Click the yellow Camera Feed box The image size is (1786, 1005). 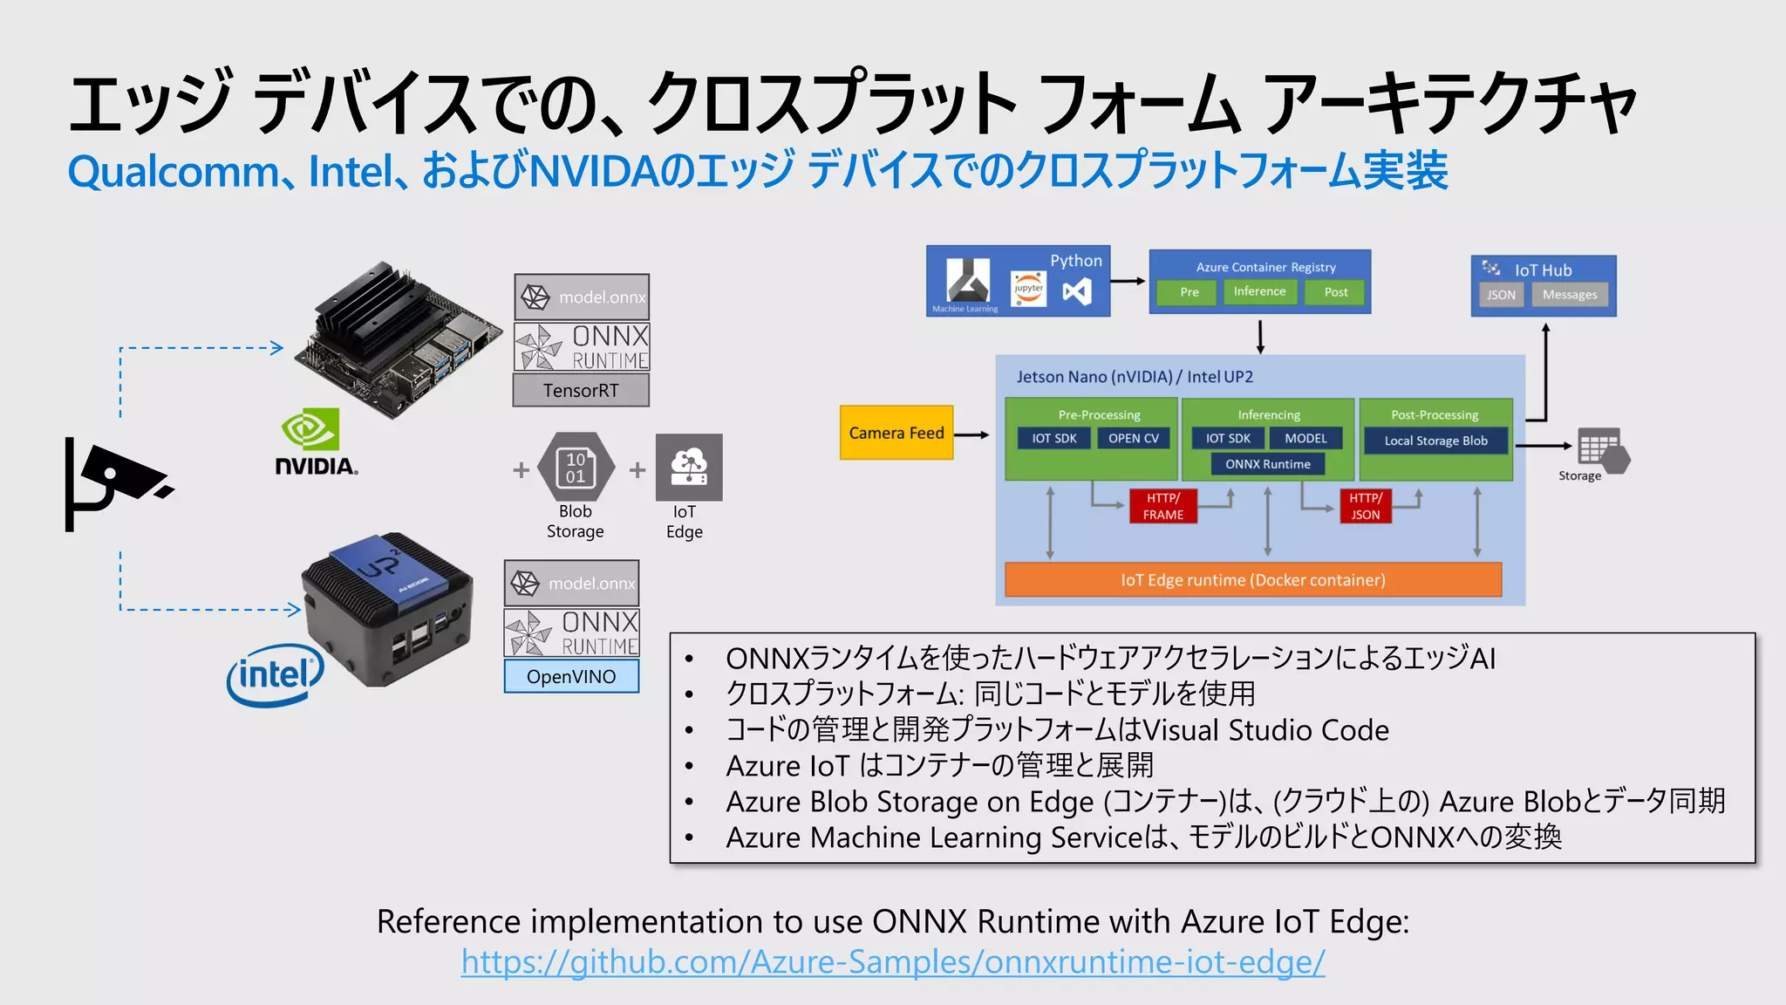(x=896, y=433)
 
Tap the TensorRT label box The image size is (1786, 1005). (x=581, y=391)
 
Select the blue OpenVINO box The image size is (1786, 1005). (x=571, y=677)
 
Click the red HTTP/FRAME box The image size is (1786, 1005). (x=1162, y=506)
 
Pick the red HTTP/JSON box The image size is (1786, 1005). (x=1365, y=506)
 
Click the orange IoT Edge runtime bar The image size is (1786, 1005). (x=1252, y=580)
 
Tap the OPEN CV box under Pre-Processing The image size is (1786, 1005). (x=1133, y=439)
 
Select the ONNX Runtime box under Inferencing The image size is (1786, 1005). (x=1267, y=464)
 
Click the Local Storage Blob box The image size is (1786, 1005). (x=1435, y=441)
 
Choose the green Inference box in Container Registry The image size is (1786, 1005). (x=1259, y=291)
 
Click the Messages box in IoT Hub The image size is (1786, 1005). (x=1569, y=295)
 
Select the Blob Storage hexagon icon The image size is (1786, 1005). (x=576, y=468)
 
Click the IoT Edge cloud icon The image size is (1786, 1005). (x=688, y=467)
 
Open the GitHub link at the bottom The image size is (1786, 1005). (x=893, y=961)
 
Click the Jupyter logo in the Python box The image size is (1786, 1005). (x=1028, y=289)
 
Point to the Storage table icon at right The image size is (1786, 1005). (x=1600, y=448)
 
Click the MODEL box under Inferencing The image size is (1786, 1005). (x=1305, y=439)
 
